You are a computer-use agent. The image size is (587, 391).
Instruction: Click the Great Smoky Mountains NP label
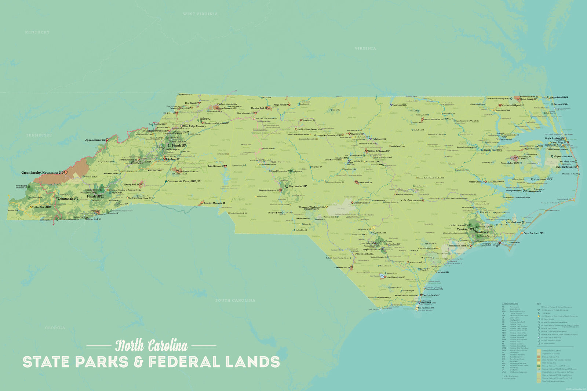click(x=42, y=173)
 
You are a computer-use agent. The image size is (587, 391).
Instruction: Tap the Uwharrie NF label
click(x=298, y=186)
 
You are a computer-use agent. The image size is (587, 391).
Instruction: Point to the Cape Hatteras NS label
click(x=566, y=167)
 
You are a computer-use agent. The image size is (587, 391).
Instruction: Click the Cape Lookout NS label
click(x=533, y=233)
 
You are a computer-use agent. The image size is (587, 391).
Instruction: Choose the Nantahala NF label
click(x=69, y=199)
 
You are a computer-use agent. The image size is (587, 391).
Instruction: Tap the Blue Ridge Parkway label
click(x=194, y=126)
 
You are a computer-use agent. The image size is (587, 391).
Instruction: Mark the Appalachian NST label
click(x=95, y=140)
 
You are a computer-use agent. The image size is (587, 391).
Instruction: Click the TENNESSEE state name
click(x=39, y=135)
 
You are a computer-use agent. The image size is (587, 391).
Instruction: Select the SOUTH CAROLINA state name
click(x=235, y=300)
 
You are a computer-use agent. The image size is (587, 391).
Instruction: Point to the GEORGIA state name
click(x=55, y=328)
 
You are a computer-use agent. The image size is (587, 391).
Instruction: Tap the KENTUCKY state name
click(x=37, y=32)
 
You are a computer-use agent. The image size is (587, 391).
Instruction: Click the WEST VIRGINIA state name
click(x=200, y=14)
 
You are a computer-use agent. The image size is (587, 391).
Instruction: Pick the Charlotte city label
click(x=238, y=199)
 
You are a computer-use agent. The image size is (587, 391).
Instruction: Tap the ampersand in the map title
click(x=138, y=362)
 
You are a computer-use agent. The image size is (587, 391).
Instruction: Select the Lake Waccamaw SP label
click(x=395, y=277)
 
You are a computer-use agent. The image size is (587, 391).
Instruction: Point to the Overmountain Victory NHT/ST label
click(x=184, y=181)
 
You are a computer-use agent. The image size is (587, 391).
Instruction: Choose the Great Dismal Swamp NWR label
click(x=498, y=99)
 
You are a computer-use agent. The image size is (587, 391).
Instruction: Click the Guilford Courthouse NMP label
click(x=310, y=129)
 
